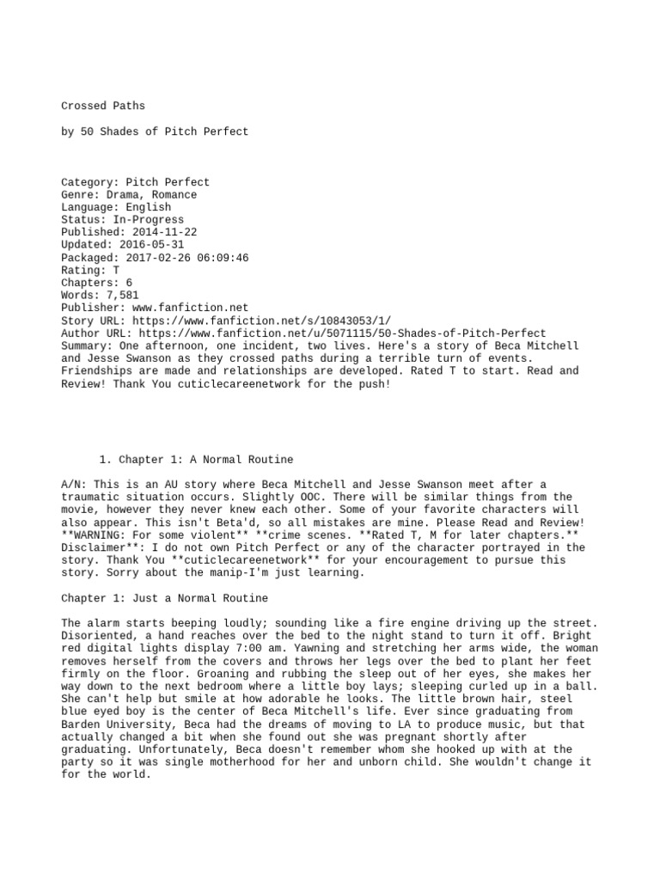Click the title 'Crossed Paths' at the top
[103, 107]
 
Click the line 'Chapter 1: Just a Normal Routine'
[164, 598]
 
